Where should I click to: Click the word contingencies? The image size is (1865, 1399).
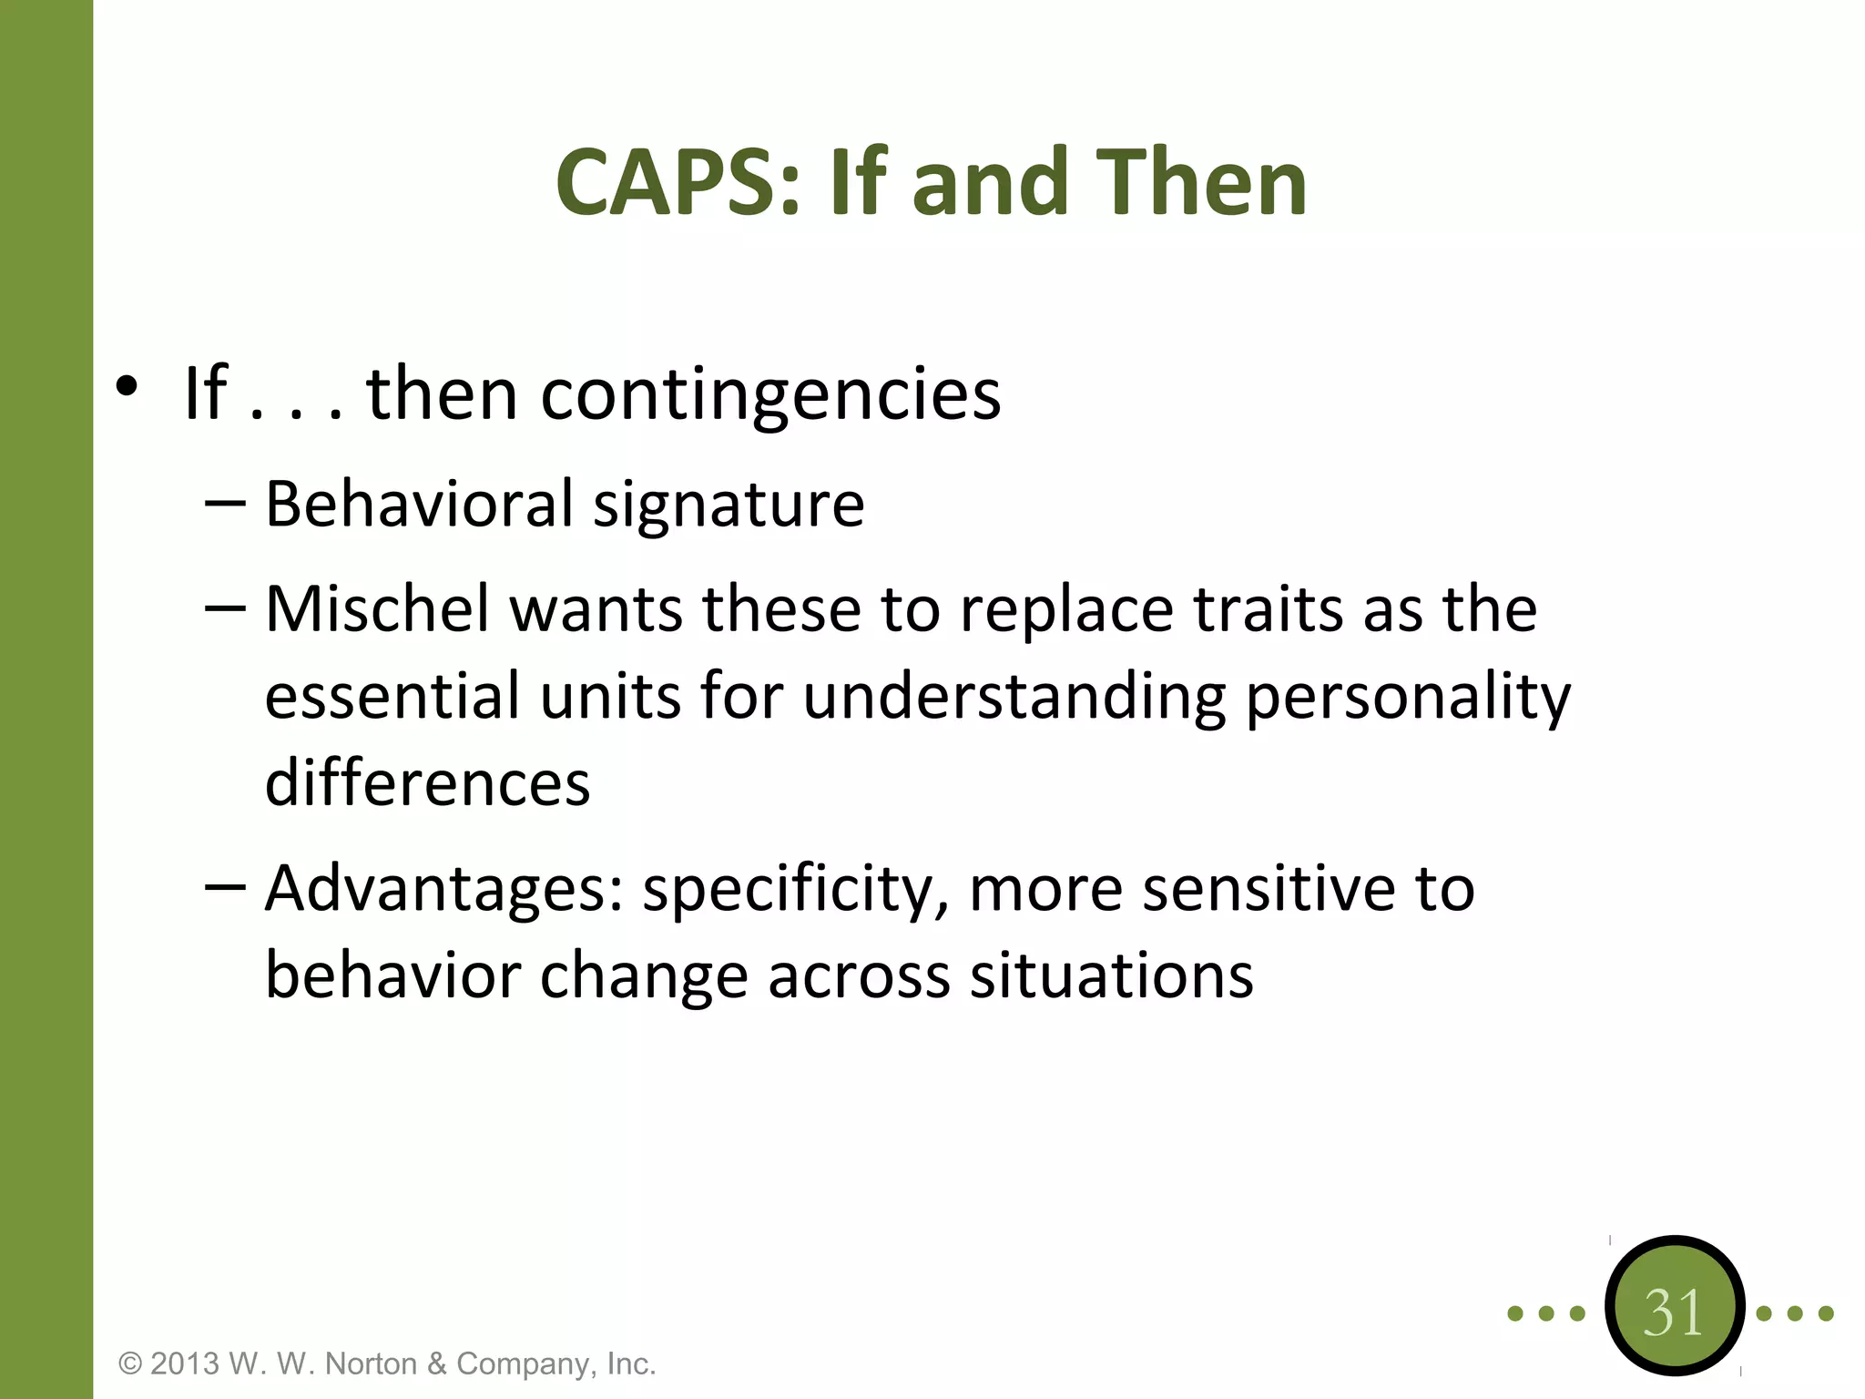770,395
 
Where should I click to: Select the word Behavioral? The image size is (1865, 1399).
419,505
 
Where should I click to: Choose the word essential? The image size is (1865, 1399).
392,696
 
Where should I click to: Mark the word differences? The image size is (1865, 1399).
427,783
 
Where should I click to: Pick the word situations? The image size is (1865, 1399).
1111,976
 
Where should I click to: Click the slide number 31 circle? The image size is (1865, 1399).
1674,1312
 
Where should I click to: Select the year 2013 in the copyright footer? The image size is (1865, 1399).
185,1363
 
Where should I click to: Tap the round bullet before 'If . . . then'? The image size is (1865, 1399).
127,387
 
